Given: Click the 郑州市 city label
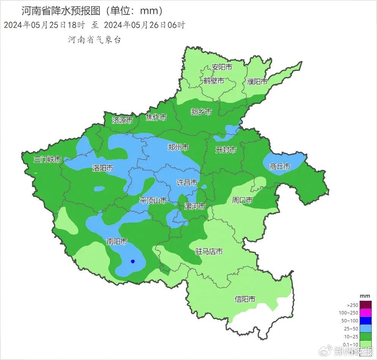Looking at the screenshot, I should click(x=178, y=147).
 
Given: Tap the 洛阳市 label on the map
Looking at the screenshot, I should click(x=102, y=168).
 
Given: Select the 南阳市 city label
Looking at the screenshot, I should click(x=116, y=242).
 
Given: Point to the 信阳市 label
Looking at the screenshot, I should click(x=245, y=299).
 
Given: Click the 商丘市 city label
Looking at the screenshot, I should click(x=280, y=166).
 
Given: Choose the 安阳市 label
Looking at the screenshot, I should click(x=221, y=67).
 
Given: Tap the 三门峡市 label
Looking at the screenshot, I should click(x=47, y=159).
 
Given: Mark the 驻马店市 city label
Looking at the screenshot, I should click(x=209, y=251).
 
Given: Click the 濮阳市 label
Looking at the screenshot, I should click(x=257, y=82).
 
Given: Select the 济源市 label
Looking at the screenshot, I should click(x=122, y=120).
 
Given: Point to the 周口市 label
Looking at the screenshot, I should click(x=242, y=200).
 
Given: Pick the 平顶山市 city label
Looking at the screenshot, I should click(x=153, y=201).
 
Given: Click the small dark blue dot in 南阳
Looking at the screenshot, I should click(x=133, y=261).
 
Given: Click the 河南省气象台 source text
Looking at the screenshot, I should click(x=94, y=40).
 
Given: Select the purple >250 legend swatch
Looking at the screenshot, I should click(x=366, y=305).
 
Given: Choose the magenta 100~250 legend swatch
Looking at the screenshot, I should click(x=366, y=313).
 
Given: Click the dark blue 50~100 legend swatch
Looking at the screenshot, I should click(x=366, y=321).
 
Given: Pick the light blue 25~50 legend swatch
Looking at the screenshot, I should click(x=366, y=328).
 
